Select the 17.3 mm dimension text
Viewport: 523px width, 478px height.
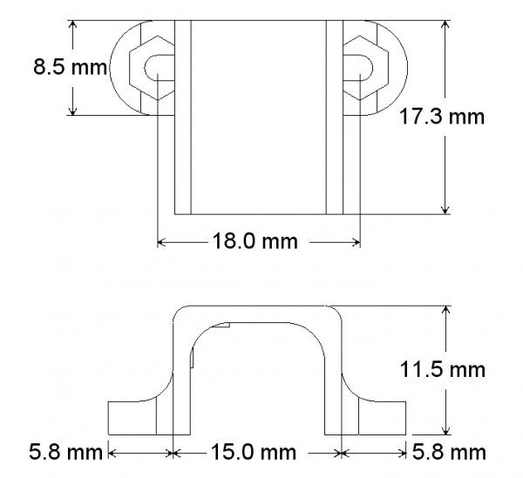click(440, 117)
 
